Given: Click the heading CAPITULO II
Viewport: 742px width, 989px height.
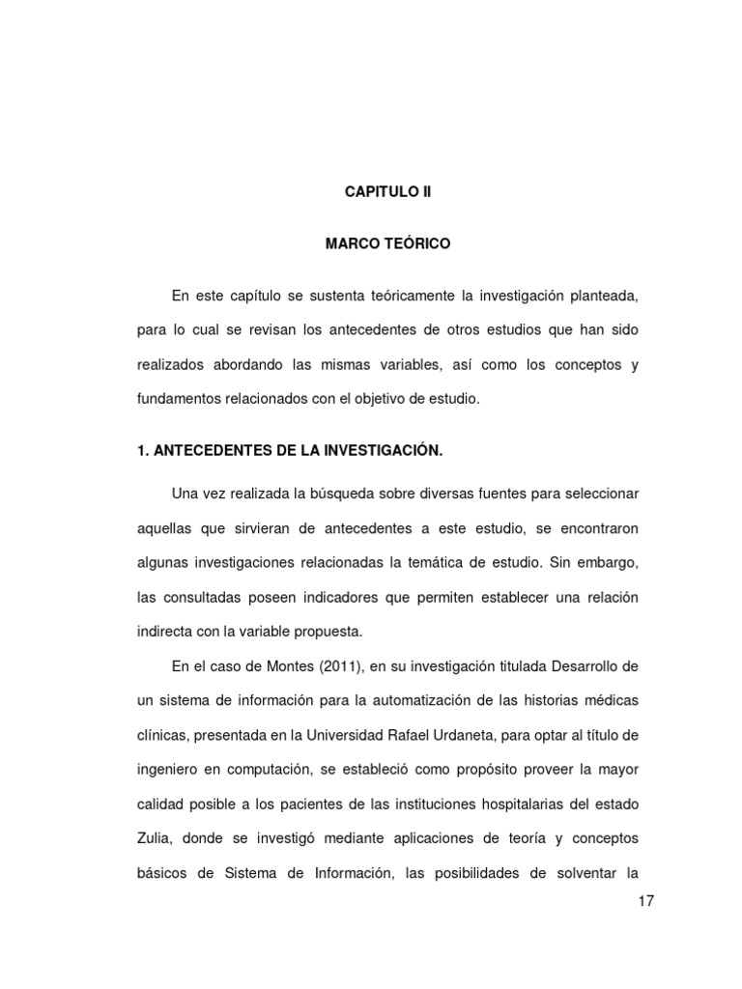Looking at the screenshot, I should pos(388,192).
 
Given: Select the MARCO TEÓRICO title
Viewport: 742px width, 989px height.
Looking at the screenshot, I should pos(387,244).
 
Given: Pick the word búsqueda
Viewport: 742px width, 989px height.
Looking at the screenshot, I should pos(372,494).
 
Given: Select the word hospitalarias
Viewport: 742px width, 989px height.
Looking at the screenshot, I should pos(511,805).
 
